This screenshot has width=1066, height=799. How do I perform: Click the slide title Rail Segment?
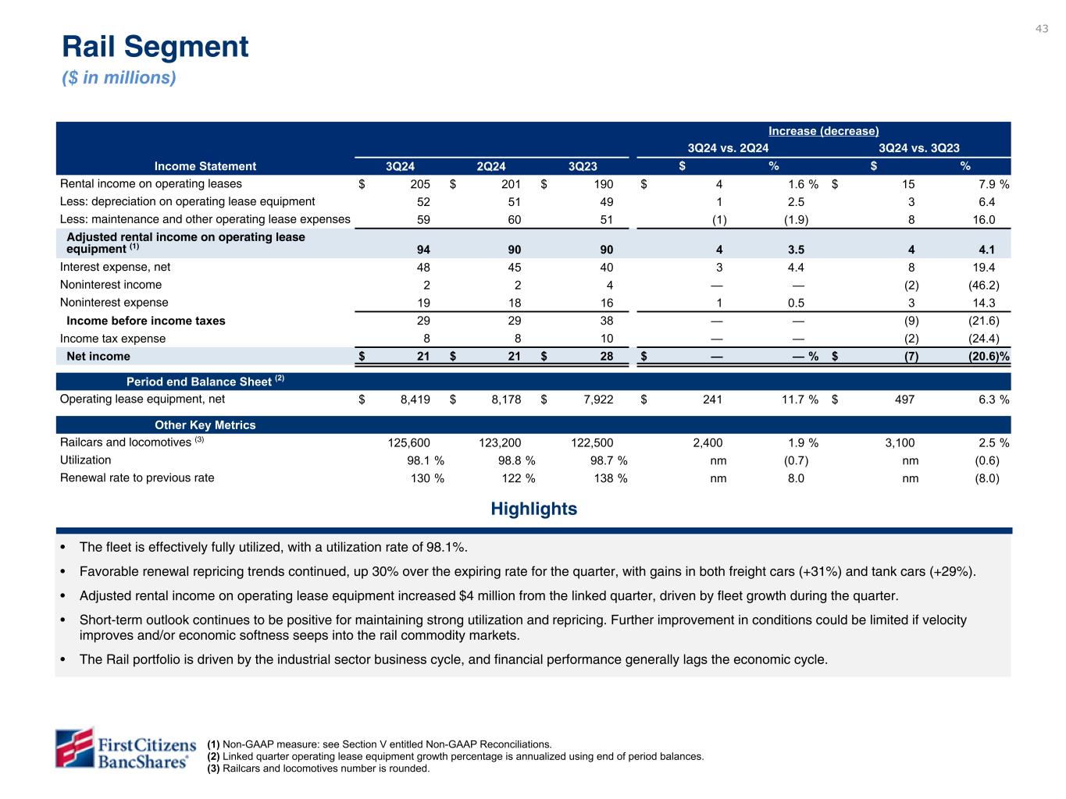tap(155, 47)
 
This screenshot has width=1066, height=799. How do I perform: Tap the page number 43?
tap(1042, 29)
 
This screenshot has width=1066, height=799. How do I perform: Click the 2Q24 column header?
tap(491, 166)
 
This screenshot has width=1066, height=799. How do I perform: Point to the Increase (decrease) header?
tap(824, 131)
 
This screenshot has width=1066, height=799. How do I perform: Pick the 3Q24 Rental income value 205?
tap(419, 185)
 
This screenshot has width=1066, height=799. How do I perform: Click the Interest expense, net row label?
tap(115, 267)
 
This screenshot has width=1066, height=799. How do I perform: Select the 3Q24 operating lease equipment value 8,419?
tap(414, 399)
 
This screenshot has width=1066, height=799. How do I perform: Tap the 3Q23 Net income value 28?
tap(606, 357)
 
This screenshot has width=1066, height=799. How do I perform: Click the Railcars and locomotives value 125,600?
tap(409, 443)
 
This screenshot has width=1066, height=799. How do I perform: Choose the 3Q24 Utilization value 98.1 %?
tap(420, 460)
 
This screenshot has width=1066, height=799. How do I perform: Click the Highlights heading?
tap(534, 510)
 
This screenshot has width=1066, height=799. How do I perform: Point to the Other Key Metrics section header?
tap(205, 425)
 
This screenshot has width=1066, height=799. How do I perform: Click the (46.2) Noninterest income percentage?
tap(982, 286)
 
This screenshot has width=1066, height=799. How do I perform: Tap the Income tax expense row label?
tap(112, 339)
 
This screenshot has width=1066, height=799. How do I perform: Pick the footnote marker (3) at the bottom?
tap(213, 769)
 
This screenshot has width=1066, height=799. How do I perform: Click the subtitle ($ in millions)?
tap(119, 78)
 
